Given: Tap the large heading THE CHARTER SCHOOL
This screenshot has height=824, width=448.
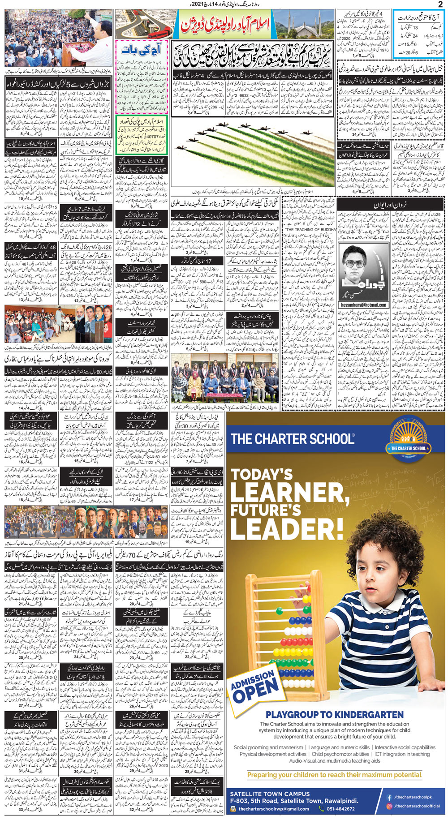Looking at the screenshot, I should point(292,438).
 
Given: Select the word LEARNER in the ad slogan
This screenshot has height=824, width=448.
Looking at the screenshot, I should point(289,494).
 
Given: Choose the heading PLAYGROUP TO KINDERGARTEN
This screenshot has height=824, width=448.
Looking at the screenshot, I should point(334,714).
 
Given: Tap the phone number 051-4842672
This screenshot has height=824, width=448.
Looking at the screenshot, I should point(337,809).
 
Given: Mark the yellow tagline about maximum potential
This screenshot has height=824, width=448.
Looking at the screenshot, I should point(334,775).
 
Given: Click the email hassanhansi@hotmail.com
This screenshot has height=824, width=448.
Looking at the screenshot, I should point(363,305).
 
